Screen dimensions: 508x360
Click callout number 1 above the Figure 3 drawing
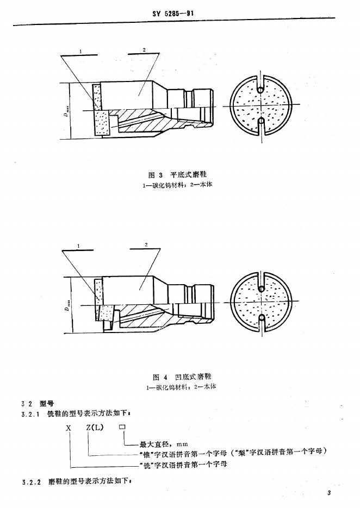(80, 51)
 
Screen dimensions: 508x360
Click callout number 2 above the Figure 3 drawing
(144, 50)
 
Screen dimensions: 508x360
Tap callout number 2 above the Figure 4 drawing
(146, 246)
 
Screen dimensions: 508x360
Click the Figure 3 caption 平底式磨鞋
(178, 174)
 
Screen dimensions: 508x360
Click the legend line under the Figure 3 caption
(179, 184)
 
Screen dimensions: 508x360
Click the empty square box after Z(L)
(122, 428)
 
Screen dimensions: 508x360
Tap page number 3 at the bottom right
(330, 492)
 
